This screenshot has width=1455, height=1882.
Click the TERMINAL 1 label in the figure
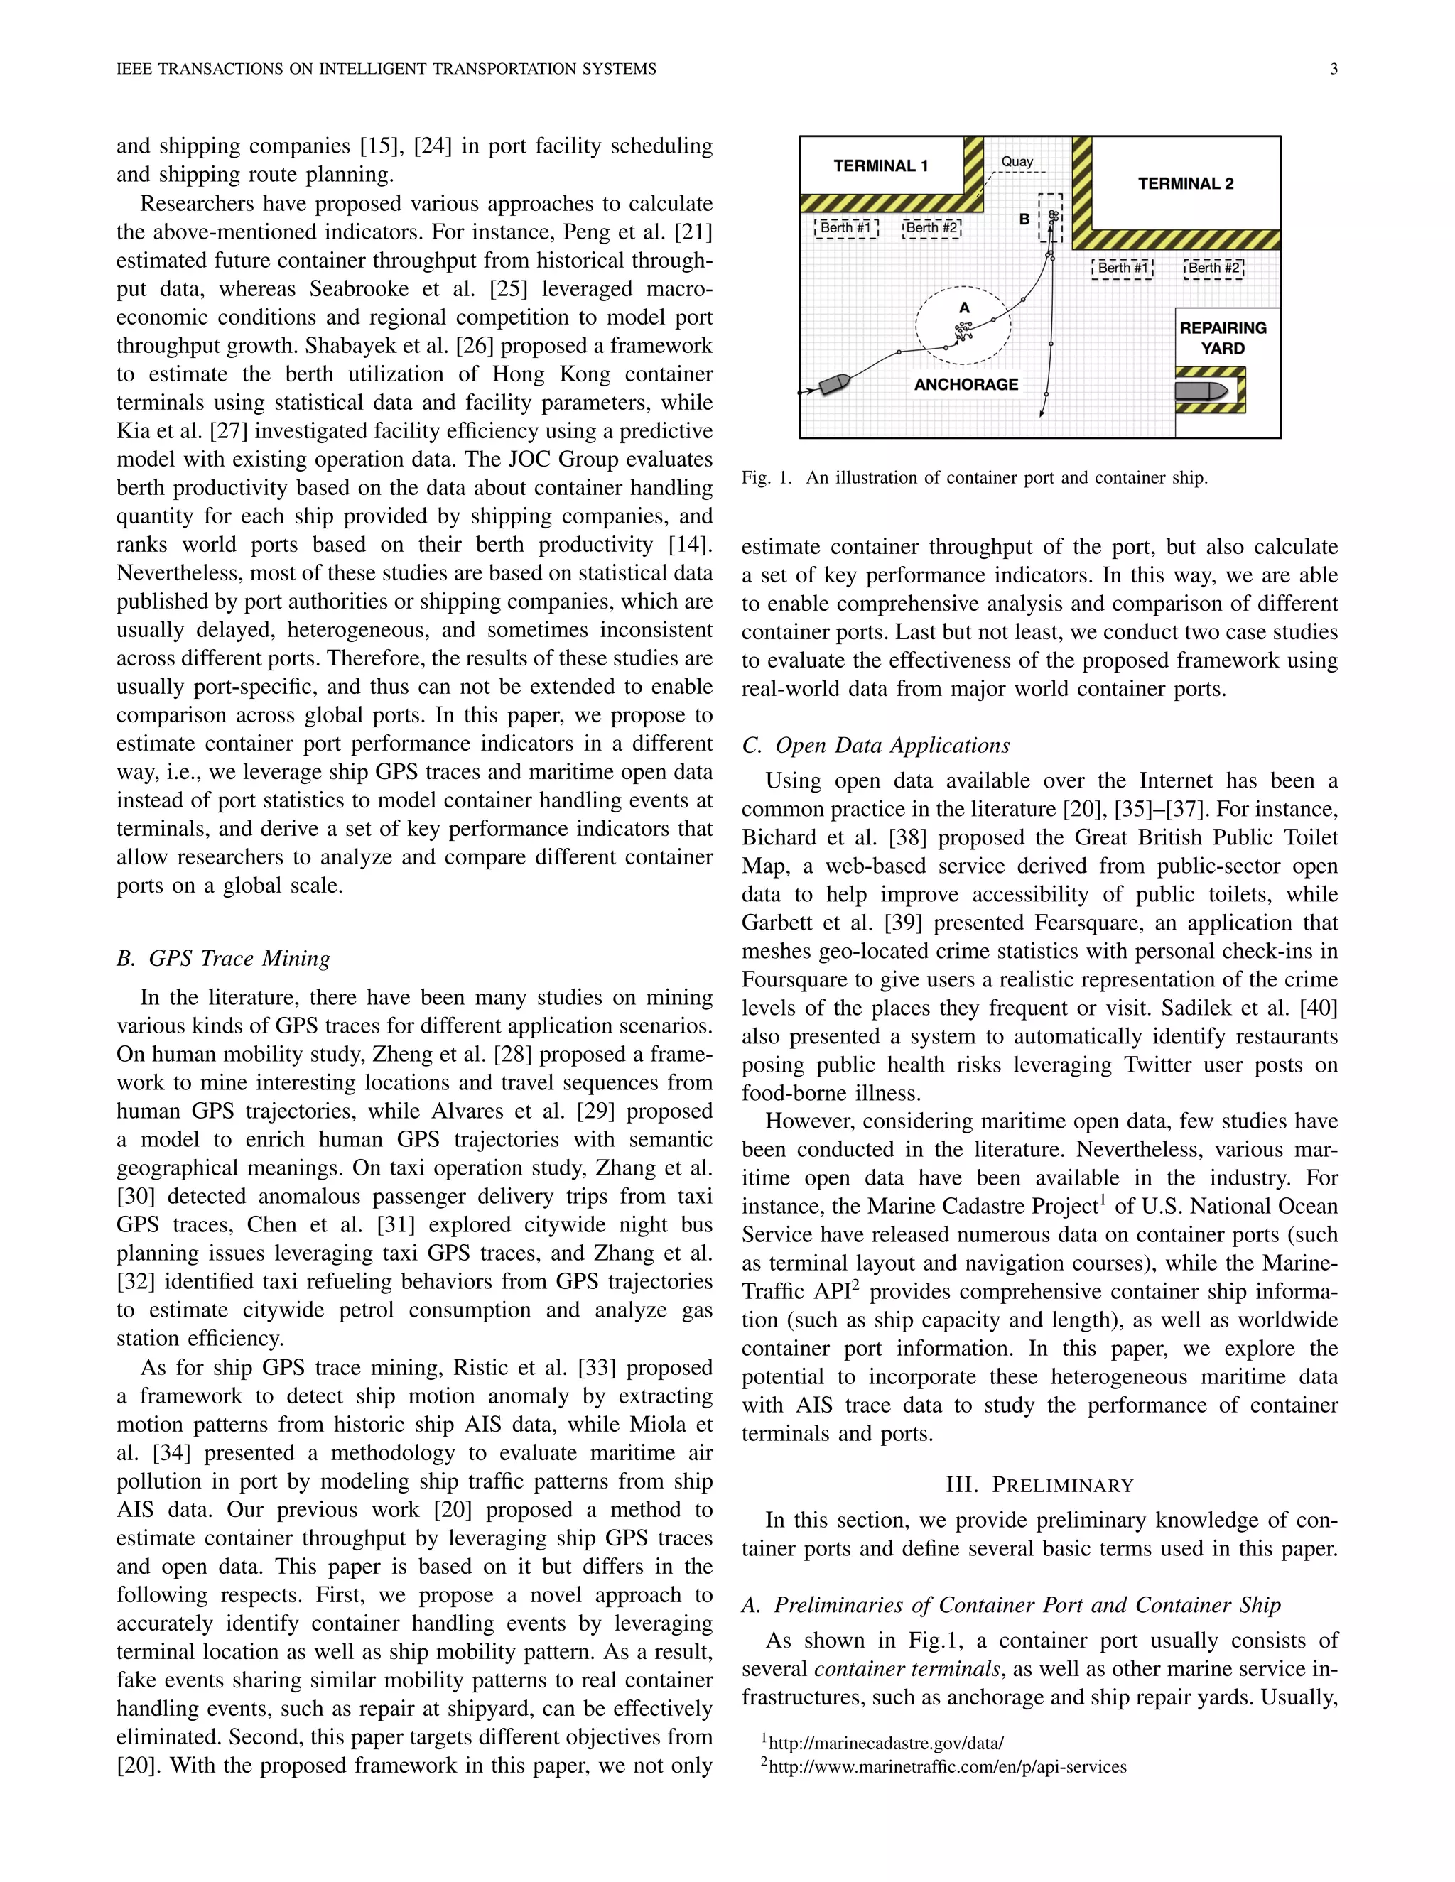(880, 166)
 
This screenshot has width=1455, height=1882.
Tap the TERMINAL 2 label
(1185, 183)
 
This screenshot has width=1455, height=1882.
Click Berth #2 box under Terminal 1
(931, 227)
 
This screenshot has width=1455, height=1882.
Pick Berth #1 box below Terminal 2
(1123, 268)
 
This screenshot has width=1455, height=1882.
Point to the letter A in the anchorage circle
(965, 308)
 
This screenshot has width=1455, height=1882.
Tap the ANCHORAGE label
(966, 384)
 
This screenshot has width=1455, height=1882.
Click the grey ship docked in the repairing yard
(1201, 391)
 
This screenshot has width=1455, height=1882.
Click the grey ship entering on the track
(834, 384)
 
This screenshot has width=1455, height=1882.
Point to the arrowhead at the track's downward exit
(1042, 413)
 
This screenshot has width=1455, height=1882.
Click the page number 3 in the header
(1334, 69)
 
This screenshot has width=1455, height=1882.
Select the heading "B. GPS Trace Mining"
(223, 958)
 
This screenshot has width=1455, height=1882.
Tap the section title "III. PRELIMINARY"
(1039, 1485)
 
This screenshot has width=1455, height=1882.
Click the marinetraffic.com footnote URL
(946, 1766)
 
